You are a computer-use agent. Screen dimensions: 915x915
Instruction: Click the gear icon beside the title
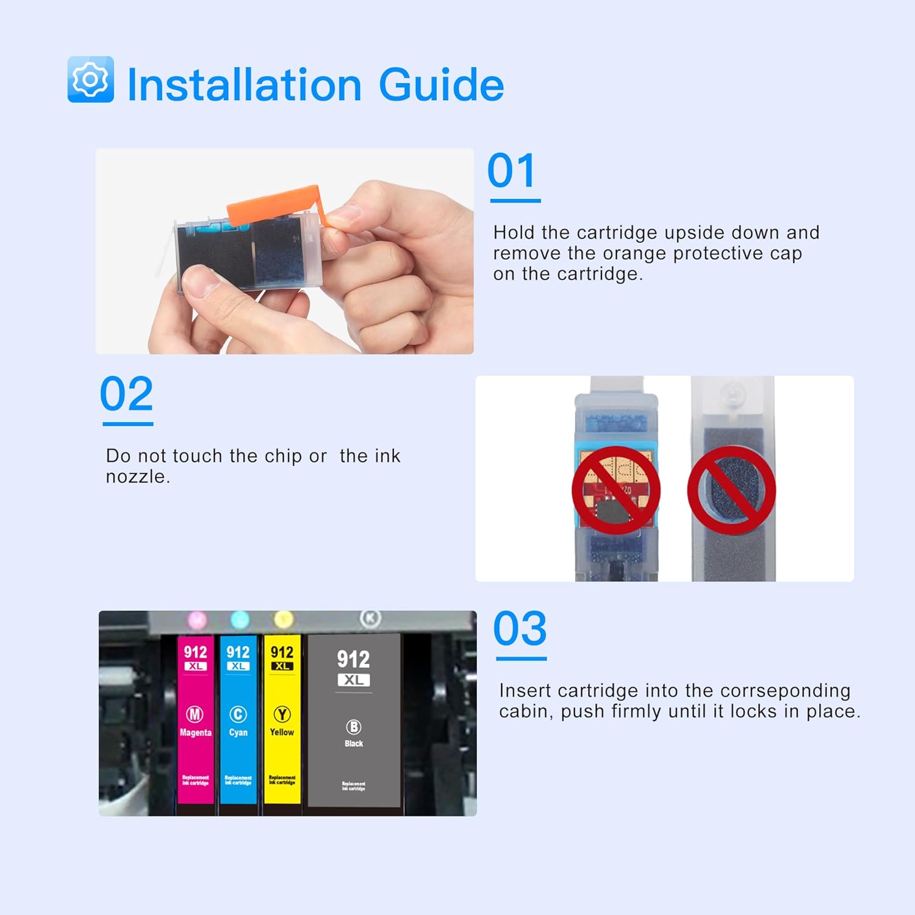point(90,79)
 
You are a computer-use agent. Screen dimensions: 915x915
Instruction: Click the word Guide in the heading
point(441,85)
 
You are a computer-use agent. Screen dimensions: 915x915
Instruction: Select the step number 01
point(512,171)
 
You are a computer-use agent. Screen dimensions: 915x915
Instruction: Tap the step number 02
point(126,395)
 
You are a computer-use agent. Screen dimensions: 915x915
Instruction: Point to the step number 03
point(520,629)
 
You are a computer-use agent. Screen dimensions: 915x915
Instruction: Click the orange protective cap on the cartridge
point(274,204)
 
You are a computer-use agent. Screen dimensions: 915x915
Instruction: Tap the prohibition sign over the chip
point(615,490)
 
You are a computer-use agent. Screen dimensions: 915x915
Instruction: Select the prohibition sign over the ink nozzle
point(731,490)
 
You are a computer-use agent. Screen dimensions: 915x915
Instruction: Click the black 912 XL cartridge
point(354,720)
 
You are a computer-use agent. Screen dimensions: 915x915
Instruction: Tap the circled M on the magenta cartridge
point(195,714)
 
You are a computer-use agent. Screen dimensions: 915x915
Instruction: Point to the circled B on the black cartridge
point(354,727)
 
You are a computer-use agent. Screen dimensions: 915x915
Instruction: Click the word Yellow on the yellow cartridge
point(282,732)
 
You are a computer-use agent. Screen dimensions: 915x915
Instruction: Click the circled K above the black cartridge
point(370,619)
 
